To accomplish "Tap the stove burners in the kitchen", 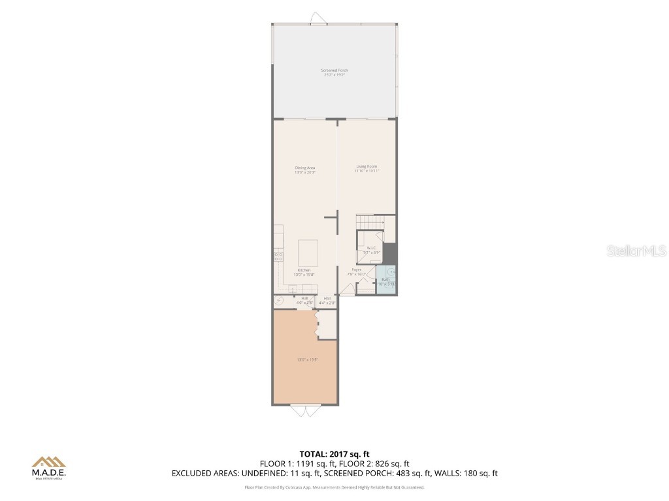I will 278,256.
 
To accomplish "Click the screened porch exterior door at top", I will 319,19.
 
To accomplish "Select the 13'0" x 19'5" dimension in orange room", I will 305,359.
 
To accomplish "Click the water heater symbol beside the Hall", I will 280,301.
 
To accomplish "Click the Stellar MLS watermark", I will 636,250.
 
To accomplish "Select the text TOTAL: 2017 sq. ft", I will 334,453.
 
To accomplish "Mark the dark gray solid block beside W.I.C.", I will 389,252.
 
